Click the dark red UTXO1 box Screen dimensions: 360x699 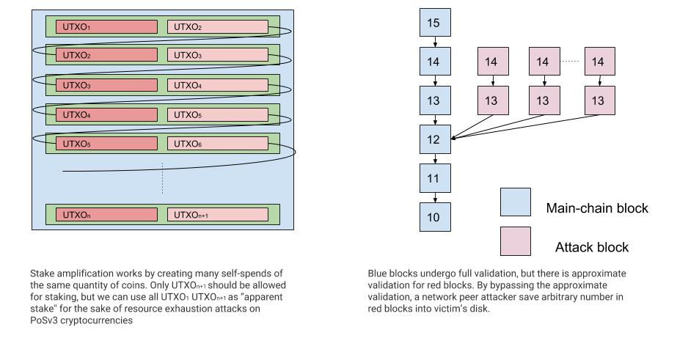click(106, 27)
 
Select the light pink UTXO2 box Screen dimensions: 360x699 click(217, 27)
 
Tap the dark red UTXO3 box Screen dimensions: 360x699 click(106, 85)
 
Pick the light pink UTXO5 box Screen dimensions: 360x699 click(217, 114)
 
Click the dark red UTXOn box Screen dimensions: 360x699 click(106, 215)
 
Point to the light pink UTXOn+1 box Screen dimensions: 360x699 click(217, 215)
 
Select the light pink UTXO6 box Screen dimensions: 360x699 click(217, 144)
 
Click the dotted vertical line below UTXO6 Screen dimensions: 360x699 click(163, 177)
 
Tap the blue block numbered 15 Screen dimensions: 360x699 click(434, 23)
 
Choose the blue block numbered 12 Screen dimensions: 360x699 click(434, 139)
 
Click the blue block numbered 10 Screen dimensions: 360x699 click(434, 217)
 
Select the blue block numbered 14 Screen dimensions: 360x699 click(434, 62)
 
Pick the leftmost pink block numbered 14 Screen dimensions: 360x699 click(492, 62)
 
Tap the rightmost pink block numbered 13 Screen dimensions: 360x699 click(599, 100)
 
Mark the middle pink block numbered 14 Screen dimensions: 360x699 click(544, 62)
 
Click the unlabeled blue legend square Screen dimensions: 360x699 click(515, 202)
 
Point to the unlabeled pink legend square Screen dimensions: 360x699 click(515, 240)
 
